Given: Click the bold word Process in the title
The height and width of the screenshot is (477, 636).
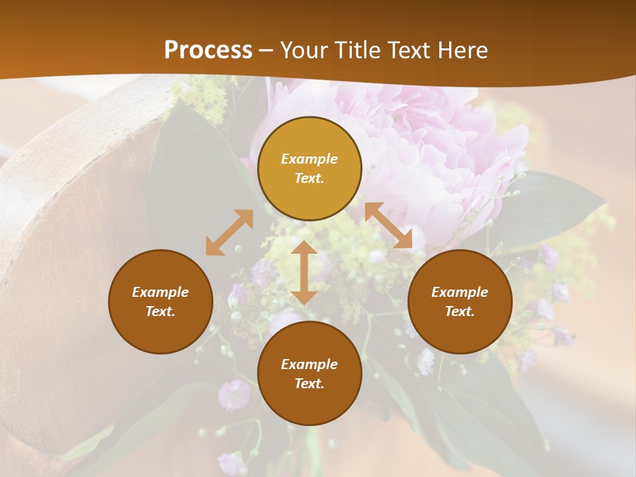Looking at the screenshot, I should click(x=208, y=50).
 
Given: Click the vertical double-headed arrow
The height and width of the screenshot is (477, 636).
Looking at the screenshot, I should click(x=304, y=272).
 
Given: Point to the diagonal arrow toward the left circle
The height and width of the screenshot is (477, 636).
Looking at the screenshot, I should click(x=229, y=233).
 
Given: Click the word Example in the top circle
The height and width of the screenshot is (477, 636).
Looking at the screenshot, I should click(x=309, y=159).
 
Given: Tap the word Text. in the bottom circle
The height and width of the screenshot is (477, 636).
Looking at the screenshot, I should click(x=309, y=384).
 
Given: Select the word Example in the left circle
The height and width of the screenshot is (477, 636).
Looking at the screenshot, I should click(x=160, y=292).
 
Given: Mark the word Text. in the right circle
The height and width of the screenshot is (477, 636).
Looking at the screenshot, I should click(x=460, y=311).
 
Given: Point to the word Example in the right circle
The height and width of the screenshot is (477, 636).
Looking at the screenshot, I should click(x=460, y=292).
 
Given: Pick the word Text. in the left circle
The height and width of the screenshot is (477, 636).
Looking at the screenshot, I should click(x=160, y=311).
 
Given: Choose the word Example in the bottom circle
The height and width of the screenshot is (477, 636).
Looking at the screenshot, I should click(x=309, y=364).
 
